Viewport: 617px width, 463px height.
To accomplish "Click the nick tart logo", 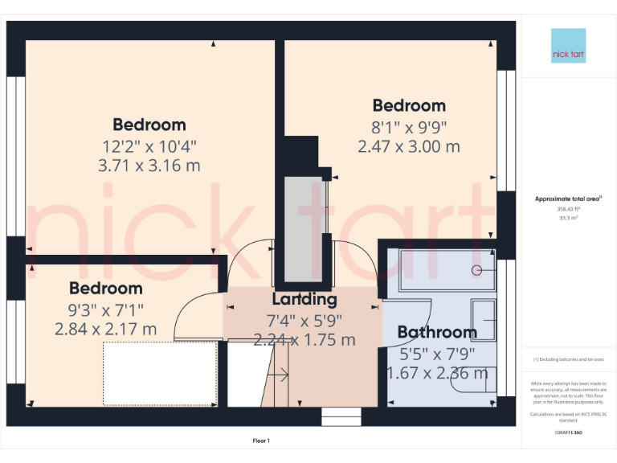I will coord(568,46).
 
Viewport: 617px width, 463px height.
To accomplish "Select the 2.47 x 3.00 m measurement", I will coord(409,146).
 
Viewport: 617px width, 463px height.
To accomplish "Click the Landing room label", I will coord(304,300).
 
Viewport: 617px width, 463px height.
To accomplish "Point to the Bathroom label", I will coord(437,332).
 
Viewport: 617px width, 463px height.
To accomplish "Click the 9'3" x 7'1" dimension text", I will coord(105,309).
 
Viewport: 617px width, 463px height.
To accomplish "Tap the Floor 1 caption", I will coord(261,440).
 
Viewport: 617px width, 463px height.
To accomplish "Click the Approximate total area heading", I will coord(568,198).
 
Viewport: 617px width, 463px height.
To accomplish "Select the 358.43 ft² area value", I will coord(568,208).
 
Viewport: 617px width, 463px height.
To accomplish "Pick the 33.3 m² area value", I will coord(568,217).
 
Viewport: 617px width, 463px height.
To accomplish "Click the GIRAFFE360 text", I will coord(568,432).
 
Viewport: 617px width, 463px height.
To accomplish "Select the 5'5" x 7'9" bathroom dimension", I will coord(438,352).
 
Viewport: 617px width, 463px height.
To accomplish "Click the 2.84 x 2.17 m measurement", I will coord(105,329).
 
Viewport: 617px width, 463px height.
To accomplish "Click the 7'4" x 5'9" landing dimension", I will coord(304,319).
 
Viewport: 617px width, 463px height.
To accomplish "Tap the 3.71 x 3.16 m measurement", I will coord(149,166).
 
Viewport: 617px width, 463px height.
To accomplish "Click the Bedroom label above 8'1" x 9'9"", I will coord(409,105).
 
